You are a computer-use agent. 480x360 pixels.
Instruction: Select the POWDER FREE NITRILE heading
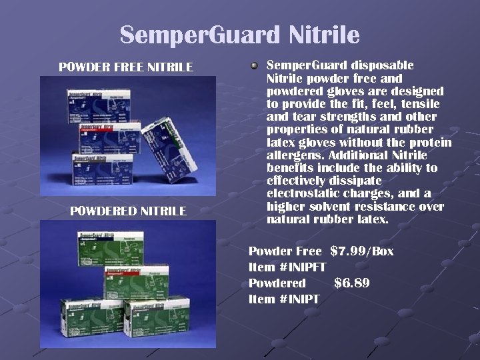click(126, 67)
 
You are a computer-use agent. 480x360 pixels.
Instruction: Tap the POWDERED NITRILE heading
click(128, 211)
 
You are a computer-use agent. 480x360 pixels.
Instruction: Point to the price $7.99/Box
click(362, 251)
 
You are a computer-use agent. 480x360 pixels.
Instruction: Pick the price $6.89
click(352, 283)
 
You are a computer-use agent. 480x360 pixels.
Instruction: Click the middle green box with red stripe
click(137, 281)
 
